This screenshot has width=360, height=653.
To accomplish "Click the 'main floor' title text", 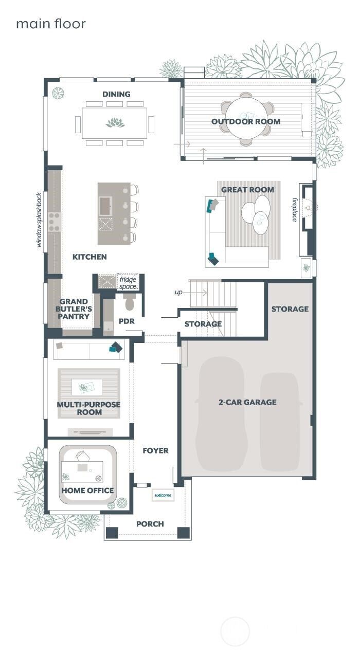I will tap(50, 24).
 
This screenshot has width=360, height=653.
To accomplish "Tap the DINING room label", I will tap(116, 94).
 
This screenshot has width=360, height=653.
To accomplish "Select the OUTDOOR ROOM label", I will tap(246, 121).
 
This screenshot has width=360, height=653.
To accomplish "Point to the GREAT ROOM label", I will tap(247, 190).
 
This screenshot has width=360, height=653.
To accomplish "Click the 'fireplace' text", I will tap(295, 209).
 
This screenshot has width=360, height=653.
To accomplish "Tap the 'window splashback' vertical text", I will tap(39, 220).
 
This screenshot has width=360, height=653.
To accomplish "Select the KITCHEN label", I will tap(89, 257).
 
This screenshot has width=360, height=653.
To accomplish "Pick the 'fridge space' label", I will tap(128, 283).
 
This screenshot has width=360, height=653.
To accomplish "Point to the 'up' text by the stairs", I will tap(178, 292).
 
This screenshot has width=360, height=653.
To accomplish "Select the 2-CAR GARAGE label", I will tap(247, 402).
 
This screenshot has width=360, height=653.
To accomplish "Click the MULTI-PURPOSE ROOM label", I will tap(88, 408).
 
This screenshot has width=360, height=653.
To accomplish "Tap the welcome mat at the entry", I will tap(163, 495).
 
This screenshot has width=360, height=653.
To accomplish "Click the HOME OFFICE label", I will tap(87, 491).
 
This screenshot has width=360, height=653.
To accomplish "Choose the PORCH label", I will tap(150, 524).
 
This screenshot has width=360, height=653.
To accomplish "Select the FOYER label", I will tap(155, 450).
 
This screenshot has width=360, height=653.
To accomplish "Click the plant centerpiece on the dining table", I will tap(115, 123).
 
